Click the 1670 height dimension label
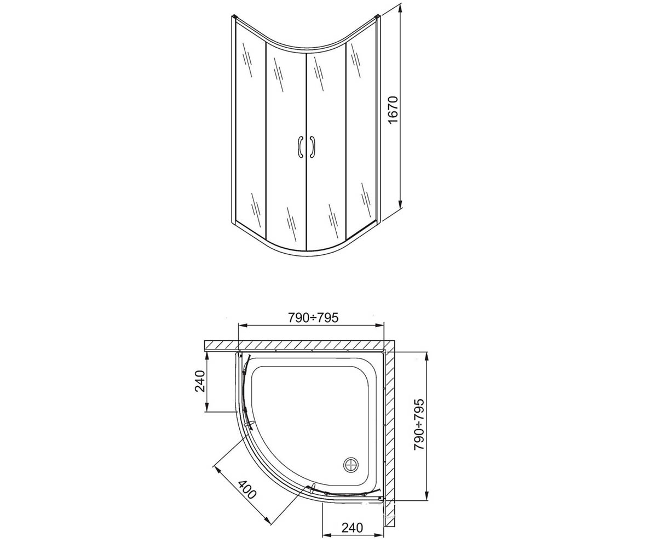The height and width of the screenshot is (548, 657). tap(393, 111)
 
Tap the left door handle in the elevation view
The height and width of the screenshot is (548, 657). tap(299, 147)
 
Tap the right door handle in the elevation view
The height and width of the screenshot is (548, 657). tap(312, 147)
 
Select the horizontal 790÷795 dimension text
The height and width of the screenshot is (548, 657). tap(313, 318)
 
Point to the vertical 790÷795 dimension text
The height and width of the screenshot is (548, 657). tap(419, 425)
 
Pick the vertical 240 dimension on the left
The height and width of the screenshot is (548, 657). tap(200, 381)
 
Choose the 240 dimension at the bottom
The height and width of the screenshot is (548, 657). tap(352, 527)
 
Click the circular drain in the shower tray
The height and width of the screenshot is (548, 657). tap(351, 465)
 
